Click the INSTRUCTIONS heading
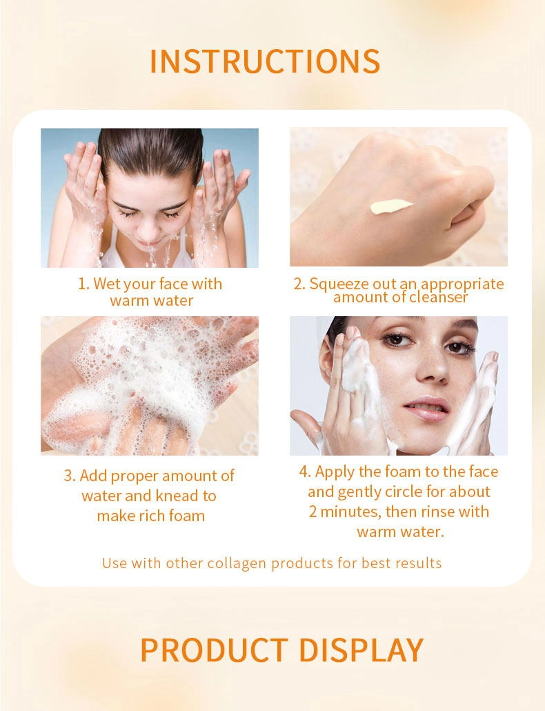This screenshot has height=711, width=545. pos(265,61)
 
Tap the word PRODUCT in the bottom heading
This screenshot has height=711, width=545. pos(214,650)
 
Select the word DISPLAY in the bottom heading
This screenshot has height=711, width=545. pos(361,650)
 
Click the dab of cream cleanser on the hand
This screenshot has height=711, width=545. pos(391,206)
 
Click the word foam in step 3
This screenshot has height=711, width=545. pos(187,516)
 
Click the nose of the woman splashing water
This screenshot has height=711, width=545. pos(149,232)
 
